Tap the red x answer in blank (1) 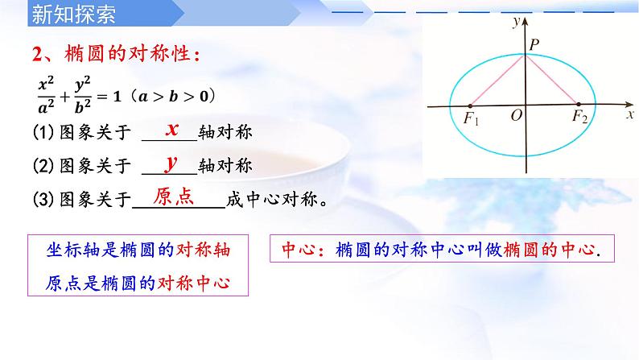[x=171, y=129]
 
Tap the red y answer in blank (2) [x=171, y=163]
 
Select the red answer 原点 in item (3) [x=174, y=198]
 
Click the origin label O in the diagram [x=516, y=117]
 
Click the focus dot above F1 [x=470, y=105]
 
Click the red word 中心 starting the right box [x=295, y=250]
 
